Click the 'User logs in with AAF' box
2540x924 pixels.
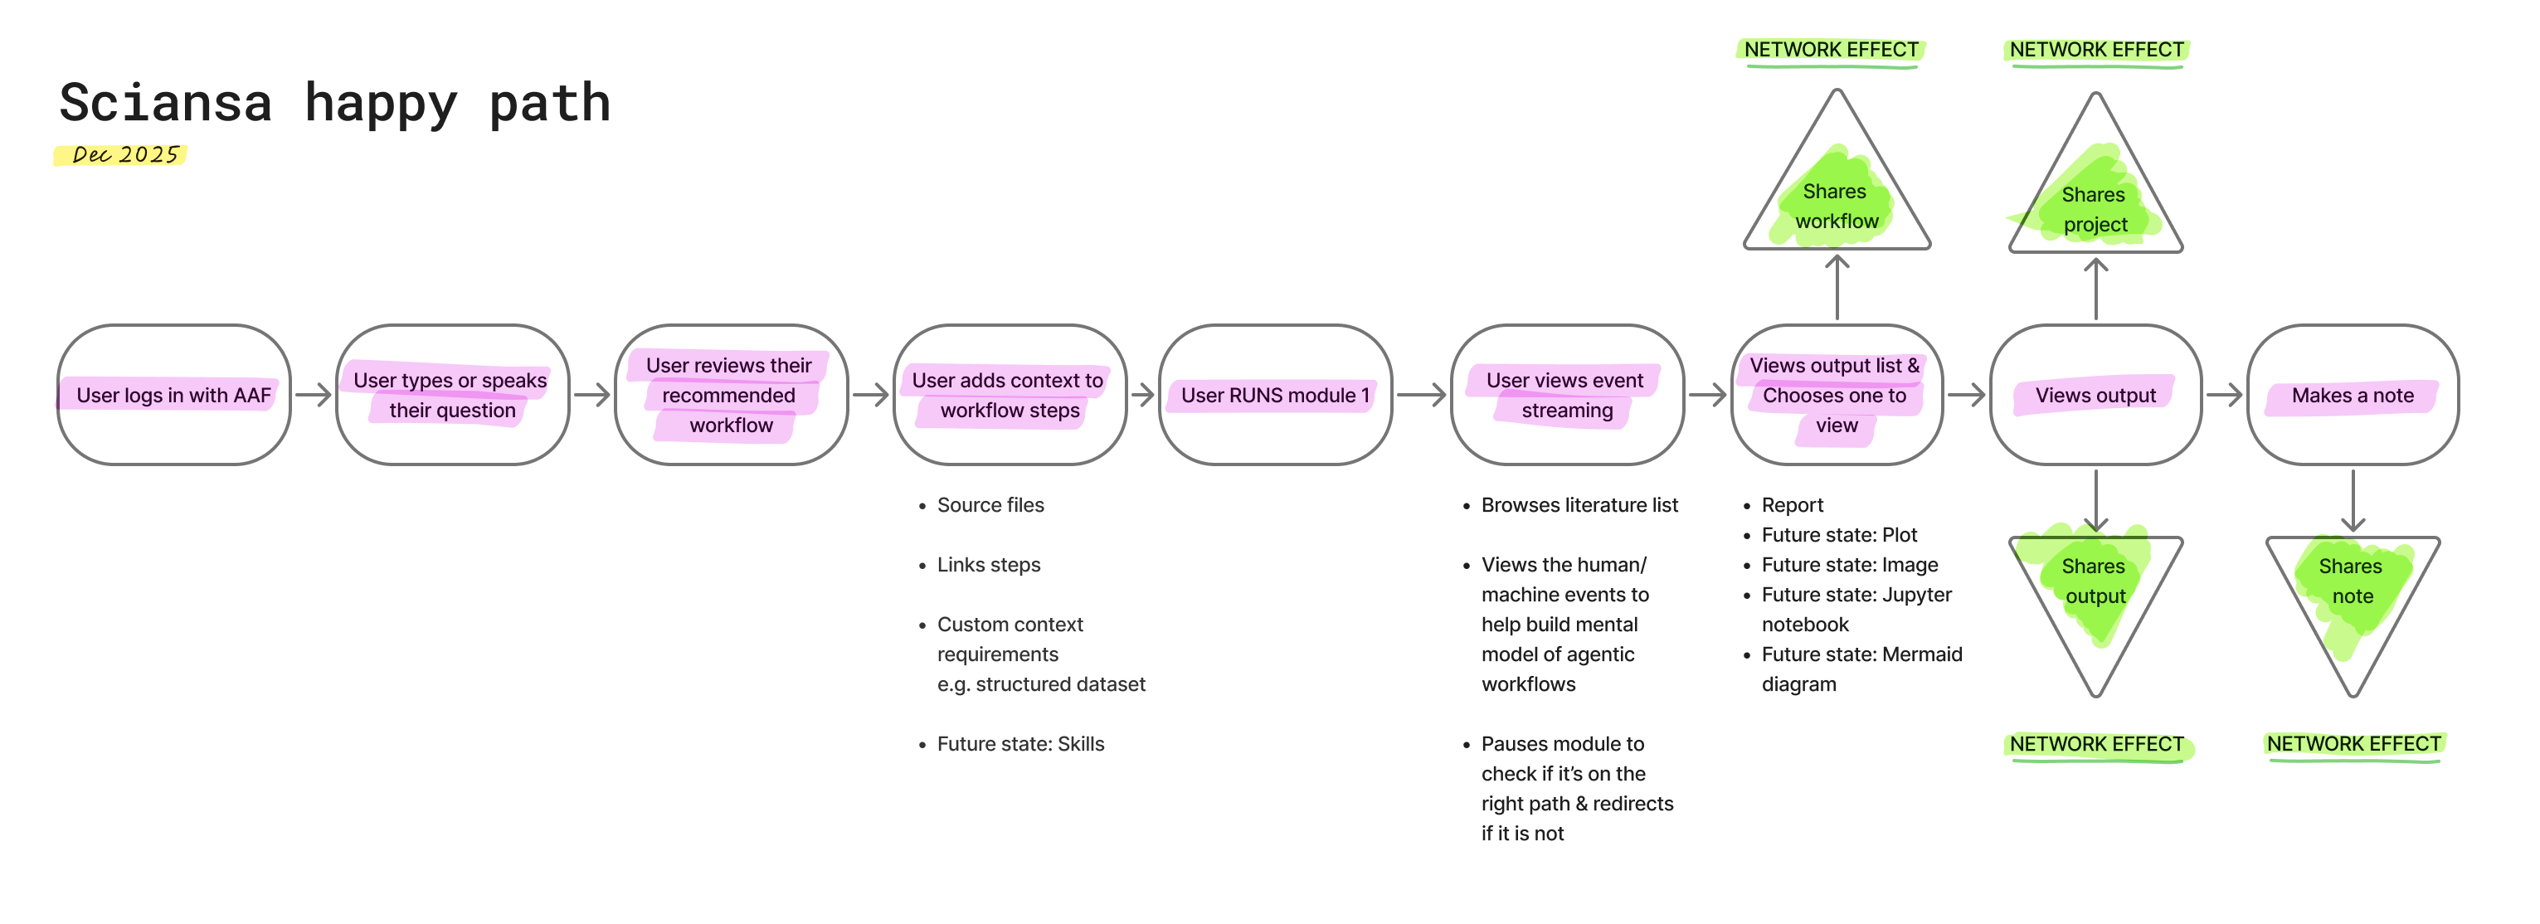pyautogui.click(x=173, y=395)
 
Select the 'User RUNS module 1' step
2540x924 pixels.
pyautogui.click(x=1275, y=395)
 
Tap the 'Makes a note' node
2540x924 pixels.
pyautogui.click(x=2352, y=395)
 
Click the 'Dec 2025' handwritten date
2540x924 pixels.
pyautogui.click(x=125, y=155)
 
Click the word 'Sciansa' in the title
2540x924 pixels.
pyautogui.click(x=166, y=103)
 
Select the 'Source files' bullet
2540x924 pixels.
pyautogui.click(x=990, y=505)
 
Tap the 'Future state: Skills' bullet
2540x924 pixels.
pyautogui.click(x=1019, y=743)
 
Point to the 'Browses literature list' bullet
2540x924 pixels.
pyautogui.click(x=1579, y=505)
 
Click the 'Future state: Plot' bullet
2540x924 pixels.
pyautogui.click(x=1839, y=534)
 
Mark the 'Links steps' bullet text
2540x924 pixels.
pyautogui.click(x=988, y=564)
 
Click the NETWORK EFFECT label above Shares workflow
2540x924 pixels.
pyautogui.click(x=1831, y=49)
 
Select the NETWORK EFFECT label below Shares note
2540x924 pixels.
pyautogui.click(x=2353, y=743)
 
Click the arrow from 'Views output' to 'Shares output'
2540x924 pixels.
pyautogui.click(x=2095, y=501)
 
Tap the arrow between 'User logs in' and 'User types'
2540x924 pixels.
pyautogui.click(x=314, y=395)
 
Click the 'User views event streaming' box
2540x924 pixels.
pyautogui.click(x=1566, y=395)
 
